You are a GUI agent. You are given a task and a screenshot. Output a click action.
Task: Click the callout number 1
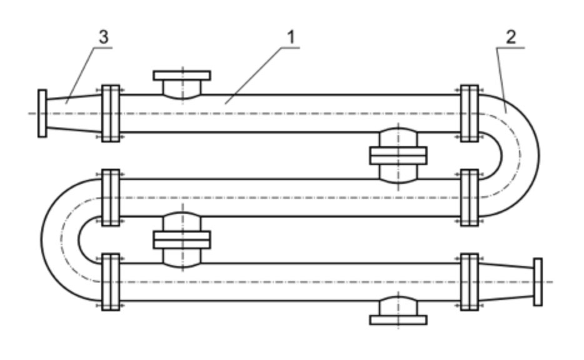pyautogui.click(x=290, y=37)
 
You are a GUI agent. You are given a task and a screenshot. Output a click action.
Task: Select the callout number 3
pyautogui.click(x=103, y=37)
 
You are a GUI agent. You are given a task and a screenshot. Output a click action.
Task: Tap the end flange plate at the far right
pyautogui.click(x=538, y=282)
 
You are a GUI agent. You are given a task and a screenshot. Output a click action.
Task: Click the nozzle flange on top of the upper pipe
pyautogui.click(x=182, y=76)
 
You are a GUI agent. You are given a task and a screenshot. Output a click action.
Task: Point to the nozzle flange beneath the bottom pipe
pyautogui.click(x=398, y=319)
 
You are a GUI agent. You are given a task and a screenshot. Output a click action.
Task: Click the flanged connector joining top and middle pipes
pyautogui.click(x=398, y=155)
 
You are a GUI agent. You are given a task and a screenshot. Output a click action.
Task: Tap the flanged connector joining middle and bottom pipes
pyautogui.click(x=182, y=239)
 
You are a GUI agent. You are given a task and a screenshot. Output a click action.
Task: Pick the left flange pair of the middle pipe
pyautogui.click(x=111, y=197)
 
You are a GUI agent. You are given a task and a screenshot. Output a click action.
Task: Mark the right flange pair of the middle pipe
pyautogui.click(x=469, y=197)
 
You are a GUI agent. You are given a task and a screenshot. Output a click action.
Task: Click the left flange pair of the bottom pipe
pyautogui.click(x=111, y=282)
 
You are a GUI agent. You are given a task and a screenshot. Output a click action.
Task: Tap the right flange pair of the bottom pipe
pyautogui.click(x=469, y=282)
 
